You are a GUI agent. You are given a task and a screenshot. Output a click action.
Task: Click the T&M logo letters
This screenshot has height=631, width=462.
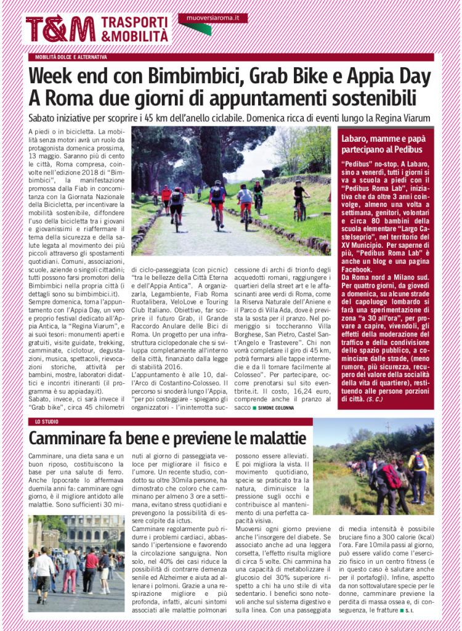[60, 30]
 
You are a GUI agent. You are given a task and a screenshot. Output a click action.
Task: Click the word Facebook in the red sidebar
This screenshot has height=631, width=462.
[356, 269]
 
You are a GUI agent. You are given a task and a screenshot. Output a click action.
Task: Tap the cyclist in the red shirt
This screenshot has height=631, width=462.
[166, 197]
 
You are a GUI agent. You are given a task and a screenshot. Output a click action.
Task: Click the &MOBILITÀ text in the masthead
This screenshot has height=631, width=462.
[134, 37]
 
